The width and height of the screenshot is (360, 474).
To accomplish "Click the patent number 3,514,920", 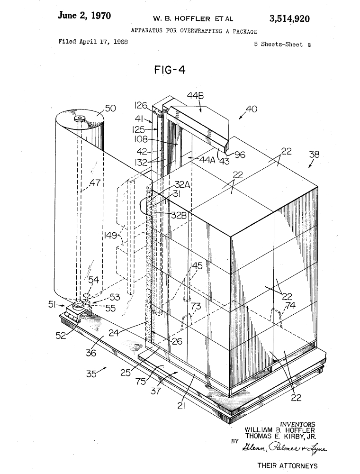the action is click(289, 19).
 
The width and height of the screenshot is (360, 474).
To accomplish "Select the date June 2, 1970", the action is click(84, 16).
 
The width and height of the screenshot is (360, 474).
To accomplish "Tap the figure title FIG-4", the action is click(170, 70).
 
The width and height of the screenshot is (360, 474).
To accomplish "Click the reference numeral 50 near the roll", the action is click(110, 108).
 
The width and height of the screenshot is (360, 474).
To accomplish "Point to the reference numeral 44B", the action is click(195, 96).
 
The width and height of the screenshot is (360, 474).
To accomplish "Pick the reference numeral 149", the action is click(110, 235).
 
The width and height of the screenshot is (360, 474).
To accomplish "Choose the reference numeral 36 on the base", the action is click(90, 353).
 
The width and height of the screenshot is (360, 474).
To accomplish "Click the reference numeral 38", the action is click(314, 155).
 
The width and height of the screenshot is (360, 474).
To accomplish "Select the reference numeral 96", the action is click(240, 155).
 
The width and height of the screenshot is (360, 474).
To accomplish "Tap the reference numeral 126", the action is click(141, 106).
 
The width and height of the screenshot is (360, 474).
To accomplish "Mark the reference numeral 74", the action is click(290, 306).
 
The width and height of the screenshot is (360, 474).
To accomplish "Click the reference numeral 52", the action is click(61, 335).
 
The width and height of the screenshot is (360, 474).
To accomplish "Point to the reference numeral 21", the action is click(181, 406).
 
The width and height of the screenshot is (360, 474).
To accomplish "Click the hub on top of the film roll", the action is click(80, 118).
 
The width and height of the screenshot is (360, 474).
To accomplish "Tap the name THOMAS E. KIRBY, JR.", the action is click(280, 436).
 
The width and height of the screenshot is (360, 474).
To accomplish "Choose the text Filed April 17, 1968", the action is click(93, 42).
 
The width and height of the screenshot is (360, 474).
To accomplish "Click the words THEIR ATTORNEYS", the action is click(287, 465).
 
